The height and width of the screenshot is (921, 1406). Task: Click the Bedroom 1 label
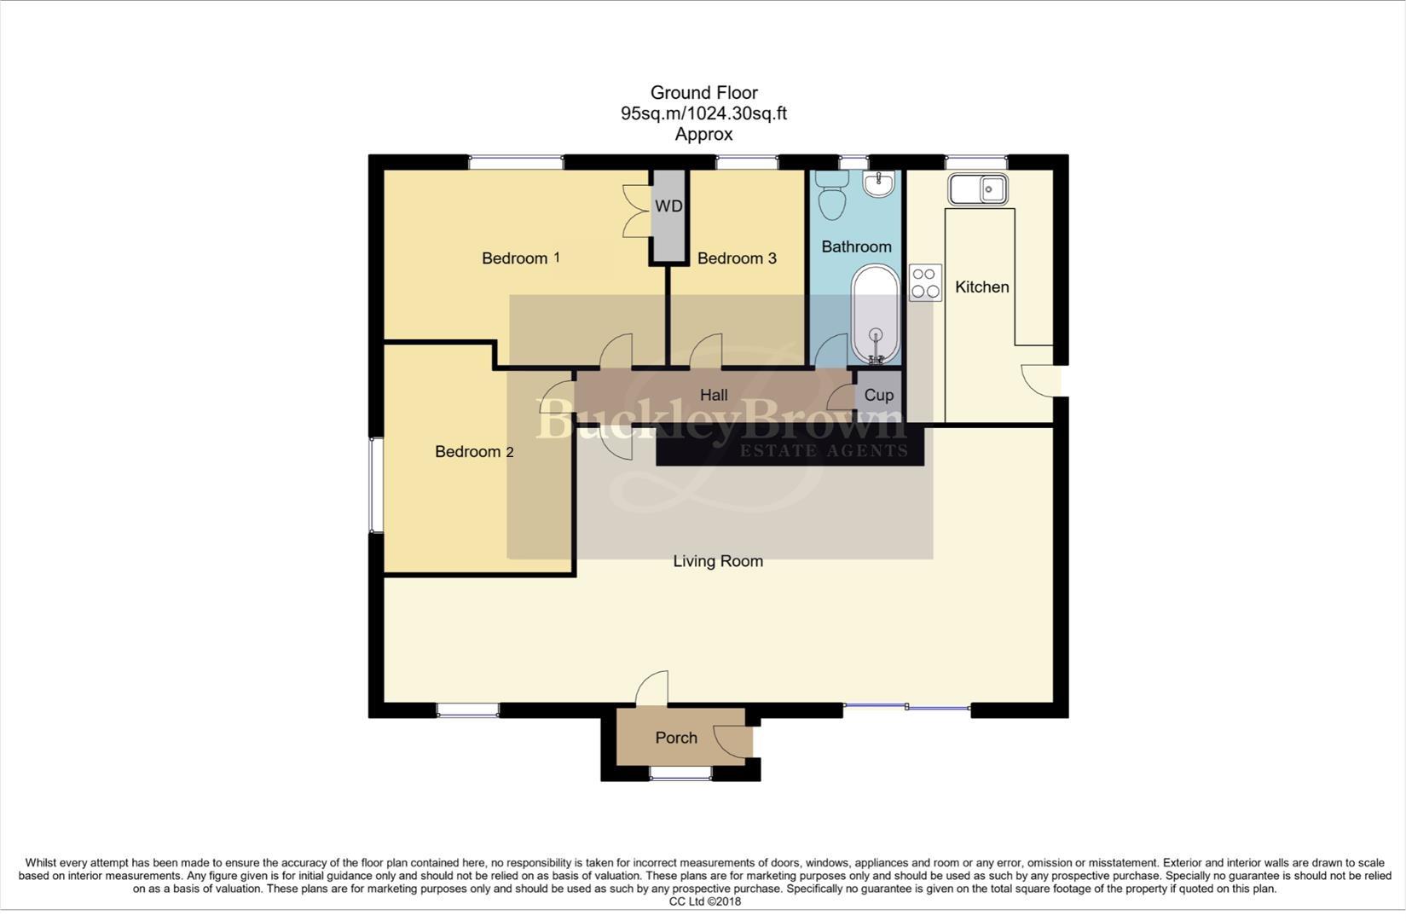click(520, 258)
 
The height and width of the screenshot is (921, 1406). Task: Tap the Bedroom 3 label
click(737, 258)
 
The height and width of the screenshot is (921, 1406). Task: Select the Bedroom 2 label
click(474, 451)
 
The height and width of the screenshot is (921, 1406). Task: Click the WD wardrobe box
click(669, 207)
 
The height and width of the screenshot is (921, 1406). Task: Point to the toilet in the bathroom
click(830, 196)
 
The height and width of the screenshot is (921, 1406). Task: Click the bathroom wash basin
click(878, 183)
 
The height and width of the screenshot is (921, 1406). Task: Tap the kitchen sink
click(980, 188)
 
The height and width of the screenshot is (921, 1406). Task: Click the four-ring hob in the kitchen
click(925, 282)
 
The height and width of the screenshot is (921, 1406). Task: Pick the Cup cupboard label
click(879, 395)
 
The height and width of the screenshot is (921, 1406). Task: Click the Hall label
click(714, 395)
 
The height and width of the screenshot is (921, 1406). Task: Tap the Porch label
click(676, 738)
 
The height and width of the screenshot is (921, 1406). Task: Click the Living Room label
click(718, 561)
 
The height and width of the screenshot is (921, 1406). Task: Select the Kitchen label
click(981, 287)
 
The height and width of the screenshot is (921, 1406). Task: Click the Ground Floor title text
click(703, 92)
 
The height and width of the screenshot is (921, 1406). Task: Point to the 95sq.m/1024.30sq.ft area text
click(703, 113)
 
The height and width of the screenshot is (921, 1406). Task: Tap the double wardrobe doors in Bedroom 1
click(637, 210)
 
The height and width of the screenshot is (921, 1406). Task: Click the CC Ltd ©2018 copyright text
click(704, 901)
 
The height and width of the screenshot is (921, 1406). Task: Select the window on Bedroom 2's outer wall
click(375, 485)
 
